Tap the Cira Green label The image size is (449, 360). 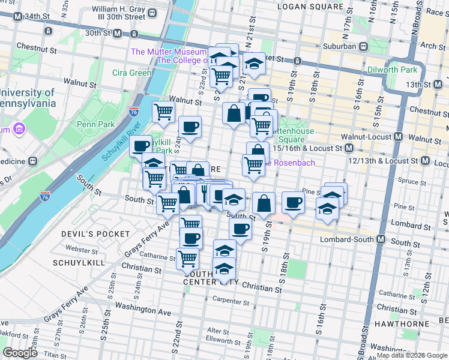click(x=131, y=73)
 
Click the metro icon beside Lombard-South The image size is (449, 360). click(x=380, y=239)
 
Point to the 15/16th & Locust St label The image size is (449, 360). click(x=307, y=148)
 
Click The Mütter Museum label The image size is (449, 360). click(x=169, y=52)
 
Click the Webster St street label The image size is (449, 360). click(x=82, y=248)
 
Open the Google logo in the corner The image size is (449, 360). click(x=20, y=353)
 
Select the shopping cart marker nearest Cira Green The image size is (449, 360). click(x=164, y=112)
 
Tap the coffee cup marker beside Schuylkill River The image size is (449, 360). click(x=140, y=146)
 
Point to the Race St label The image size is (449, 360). click(x=433, y=11)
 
